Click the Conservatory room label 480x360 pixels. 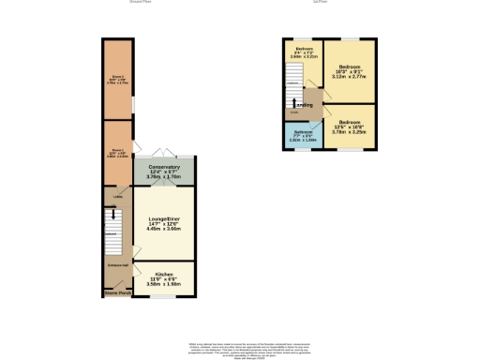point(163,167)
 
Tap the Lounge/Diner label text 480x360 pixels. point(163,220)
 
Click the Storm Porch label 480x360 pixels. point(117,292)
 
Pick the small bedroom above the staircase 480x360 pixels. point(304,52)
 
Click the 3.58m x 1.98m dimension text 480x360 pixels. point(163,282)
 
